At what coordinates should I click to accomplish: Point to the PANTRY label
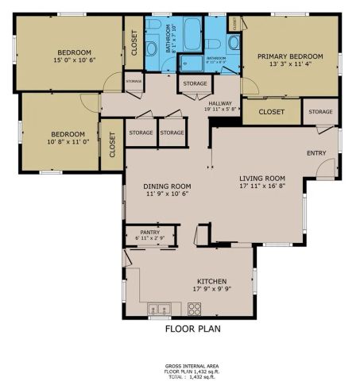pyautogui.click(x=149, y=233)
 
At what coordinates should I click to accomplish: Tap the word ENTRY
pyautogui.click(x=316, y=152)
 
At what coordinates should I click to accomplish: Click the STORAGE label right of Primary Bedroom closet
pyautogui.click(x=321, y=112)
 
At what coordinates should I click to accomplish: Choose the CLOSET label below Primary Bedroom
pyautogui.click(x=272, y=112)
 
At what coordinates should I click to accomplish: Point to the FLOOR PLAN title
pyautogui.click(x=192, y=328)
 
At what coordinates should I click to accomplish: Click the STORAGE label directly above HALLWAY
pyautogui.click(x=195, y=83)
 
